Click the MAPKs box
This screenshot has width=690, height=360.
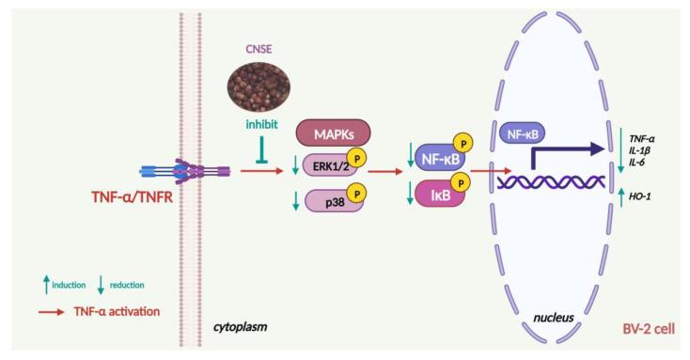[x=332, y=133]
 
